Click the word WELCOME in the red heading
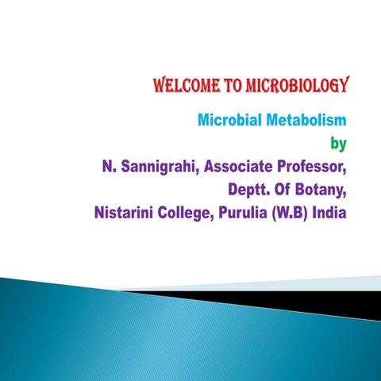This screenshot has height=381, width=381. tap(182, 85)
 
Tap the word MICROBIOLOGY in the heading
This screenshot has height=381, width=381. tap(293, 85)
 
